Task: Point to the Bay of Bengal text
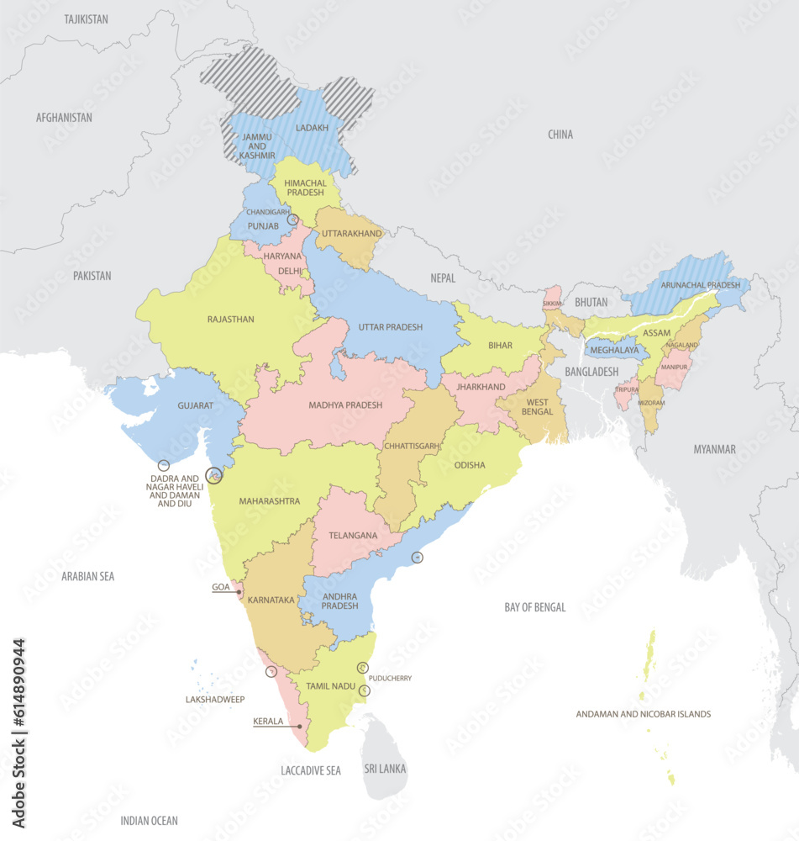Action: click(535, 607)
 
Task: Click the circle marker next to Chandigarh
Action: click(292, 220)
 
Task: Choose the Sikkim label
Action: click(551, 302)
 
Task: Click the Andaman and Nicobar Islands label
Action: click(643, 714)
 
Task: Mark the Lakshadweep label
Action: click(214, 699)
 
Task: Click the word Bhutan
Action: click(591, 301)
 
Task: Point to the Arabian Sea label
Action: click(87, 576)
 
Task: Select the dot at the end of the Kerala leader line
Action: click(299, 726)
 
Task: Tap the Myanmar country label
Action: click(714, 449)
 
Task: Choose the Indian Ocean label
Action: click(149, 820)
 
